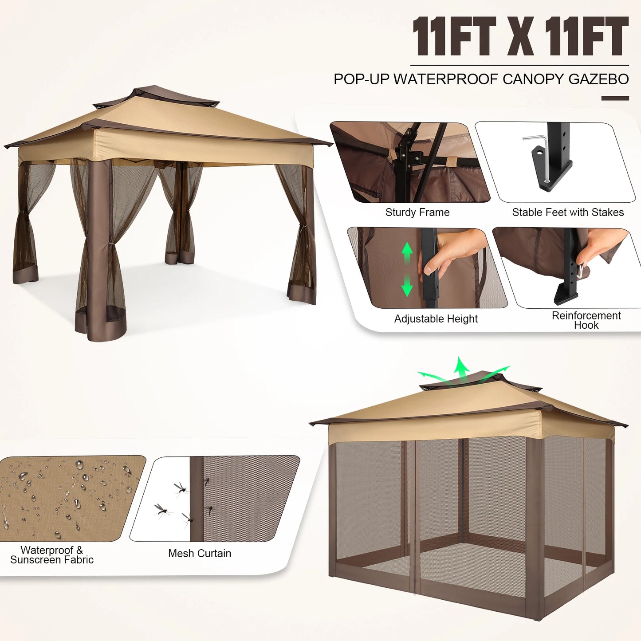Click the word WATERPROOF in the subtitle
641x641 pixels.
click(x=445, y=79)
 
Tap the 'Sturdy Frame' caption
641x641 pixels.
click(x=417, y=212)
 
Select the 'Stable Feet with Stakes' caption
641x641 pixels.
click(x=567, y=212)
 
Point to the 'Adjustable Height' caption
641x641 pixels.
click(x=436, y=319)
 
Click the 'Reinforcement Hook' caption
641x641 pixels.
click(x=586, y=320)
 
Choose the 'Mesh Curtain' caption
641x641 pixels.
click(x=199, y=554)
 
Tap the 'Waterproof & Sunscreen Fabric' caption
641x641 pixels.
click(x=52, y=555)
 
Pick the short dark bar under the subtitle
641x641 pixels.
click(x=615, y=98)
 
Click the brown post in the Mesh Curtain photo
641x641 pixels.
click(x=196, y=499)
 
